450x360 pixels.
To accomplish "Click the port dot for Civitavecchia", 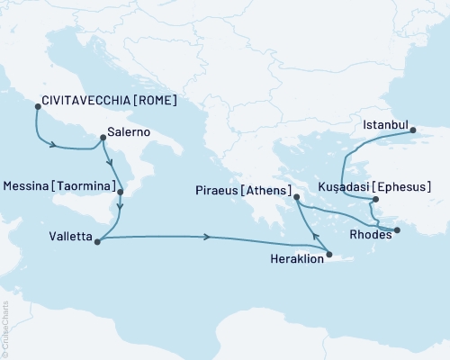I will [x=37, y=106].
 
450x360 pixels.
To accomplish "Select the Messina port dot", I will [x=121, y=192].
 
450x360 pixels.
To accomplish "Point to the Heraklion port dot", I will [x=330, y=255].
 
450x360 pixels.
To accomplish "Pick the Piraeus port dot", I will [x=295, y=197].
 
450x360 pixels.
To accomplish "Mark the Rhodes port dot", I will [x=397, y=229].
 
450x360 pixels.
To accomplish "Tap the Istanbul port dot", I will [x=414, y=130].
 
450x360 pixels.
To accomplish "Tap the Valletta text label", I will [x=69, y=238].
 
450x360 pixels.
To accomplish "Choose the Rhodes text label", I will [x=369, y=236].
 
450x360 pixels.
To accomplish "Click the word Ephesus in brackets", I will [x=404, y=189].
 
